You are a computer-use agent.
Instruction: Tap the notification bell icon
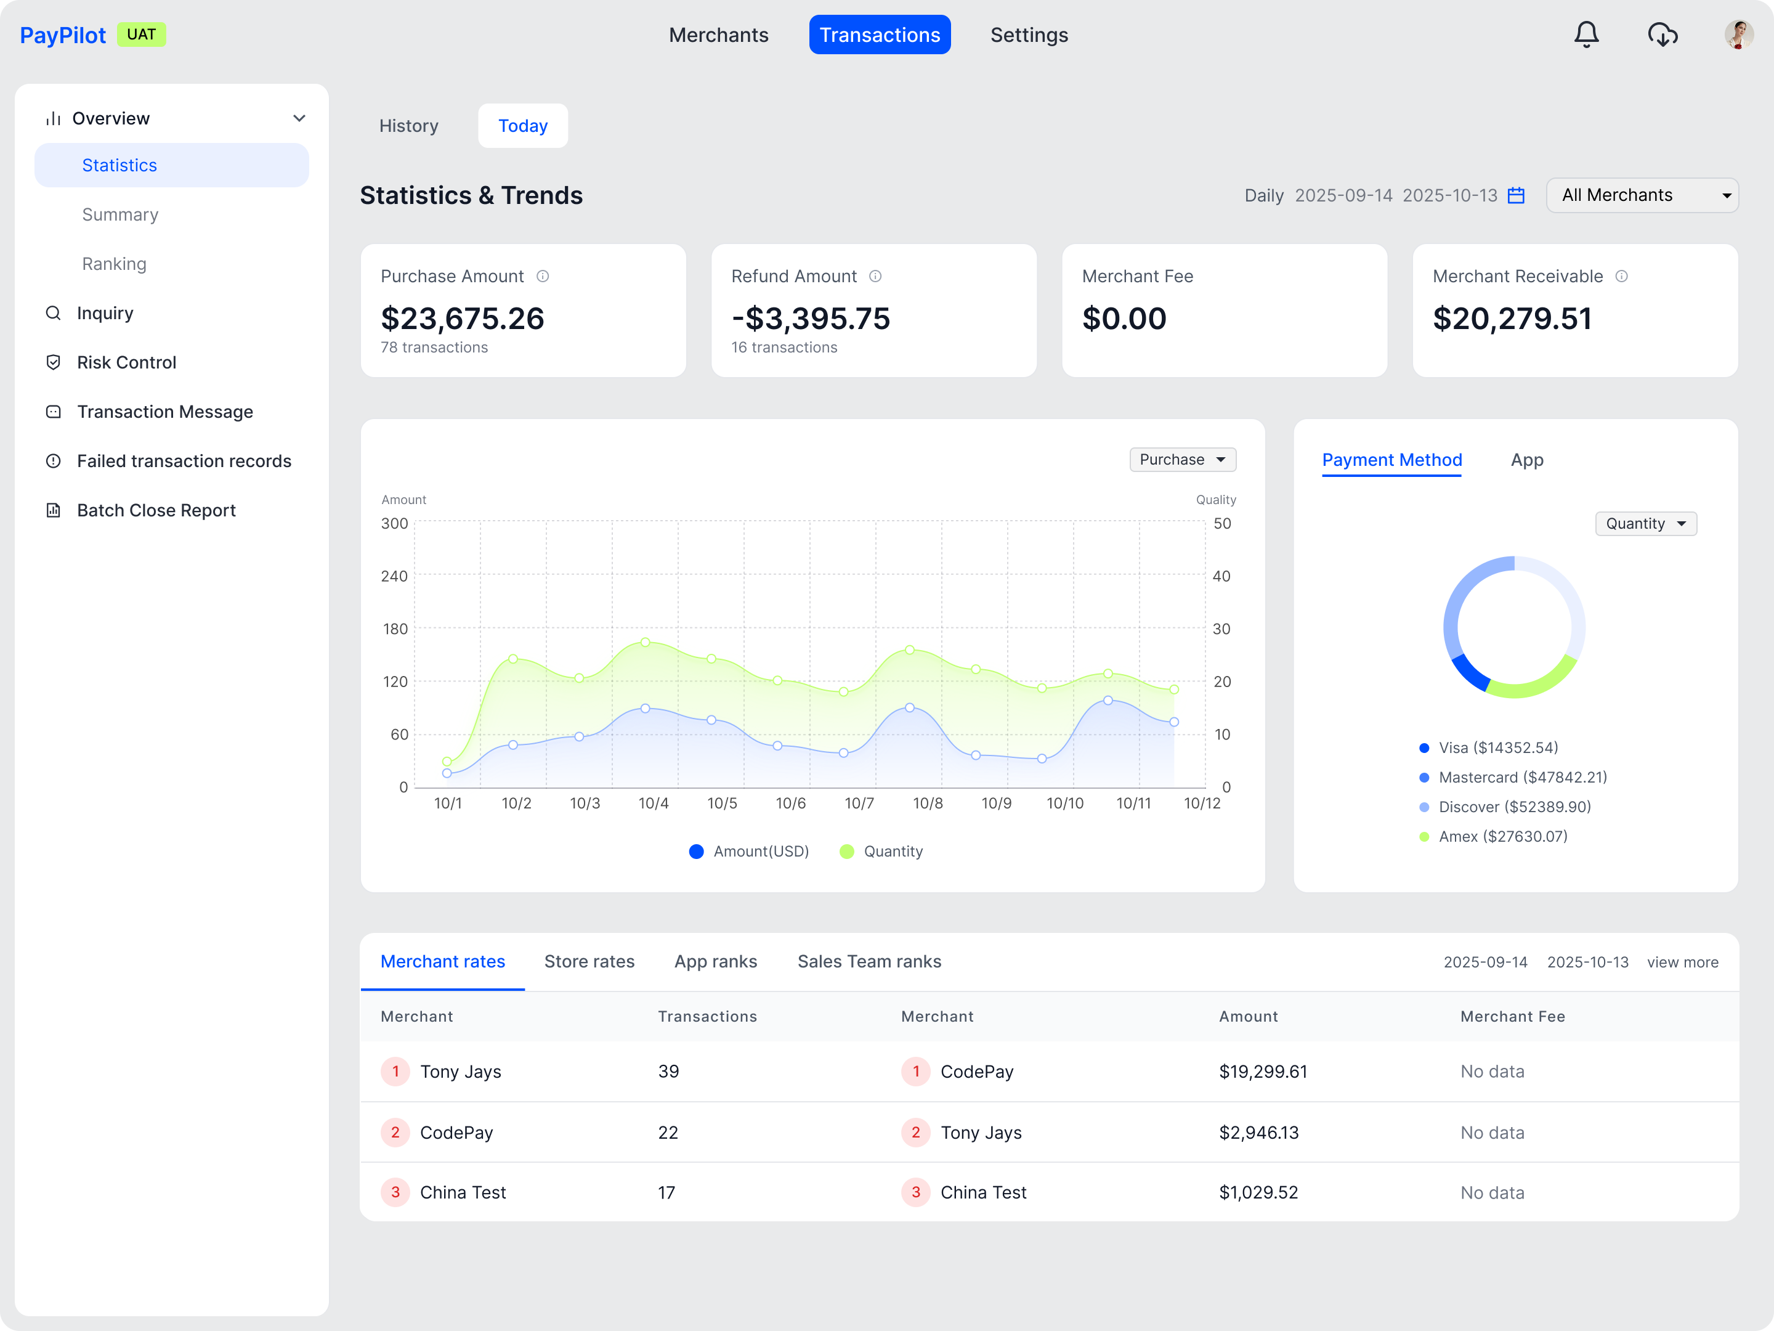tap(1586, 35)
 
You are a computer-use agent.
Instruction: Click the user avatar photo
tap(1738, 35)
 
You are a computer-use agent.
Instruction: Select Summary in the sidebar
tap(120, 214)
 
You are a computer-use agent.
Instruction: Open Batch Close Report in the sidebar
tap(156, 510)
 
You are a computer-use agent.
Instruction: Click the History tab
tap(408, 126)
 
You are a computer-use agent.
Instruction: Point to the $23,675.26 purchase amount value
tap(462, 319)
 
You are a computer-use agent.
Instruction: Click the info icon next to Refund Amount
tap(875, 276)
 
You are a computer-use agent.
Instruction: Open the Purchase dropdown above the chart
tap(1182, 460)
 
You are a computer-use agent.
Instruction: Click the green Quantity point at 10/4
tap(646, 642)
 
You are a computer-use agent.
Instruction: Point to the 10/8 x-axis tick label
tap(927, 803)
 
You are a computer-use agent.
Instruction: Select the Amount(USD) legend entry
tap(749, 851)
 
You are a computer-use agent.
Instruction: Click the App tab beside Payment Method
tap(1526, 460)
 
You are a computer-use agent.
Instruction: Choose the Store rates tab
tap(589, 961)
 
